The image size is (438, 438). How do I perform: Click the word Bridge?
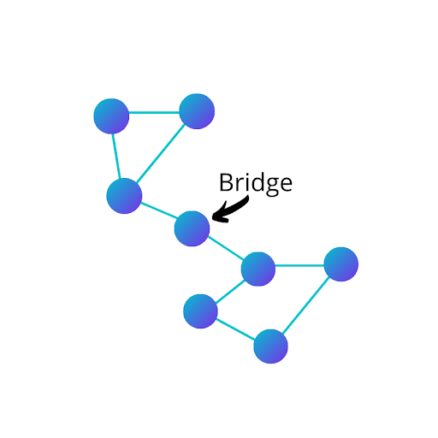click(256, 184)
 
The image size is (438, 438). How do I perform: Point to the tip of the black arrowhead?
click(212, 219)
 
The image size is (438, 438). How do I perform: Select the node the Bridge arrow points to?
click(192, 228)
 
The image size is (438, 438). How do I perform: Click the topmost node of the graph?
click(197, 111)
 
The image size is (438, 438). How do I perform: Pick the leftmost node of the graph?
click(111, 116)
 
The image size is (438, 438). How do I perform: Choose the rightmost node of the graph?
click(341, 264)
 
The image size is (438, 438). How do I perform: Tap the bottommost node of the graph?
click(270, 346)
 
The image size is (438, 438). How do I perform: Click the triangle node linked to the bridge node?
click(124, 196)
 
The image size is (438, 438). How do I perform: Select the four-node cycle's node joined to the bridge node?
click(258, 269)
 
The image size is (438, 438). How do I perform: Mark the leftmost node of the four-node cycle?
click(200, 311)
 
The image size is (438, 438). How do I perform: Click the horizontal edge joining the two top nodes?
click(154, 112)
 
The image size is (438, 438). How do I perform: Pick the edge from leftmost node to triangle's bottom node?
click(116, 157)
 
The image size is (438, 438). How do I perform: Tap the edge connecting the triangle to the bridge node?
click(159, 210)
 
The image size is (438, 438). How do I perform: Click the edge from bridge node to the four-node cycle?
click(226, 248)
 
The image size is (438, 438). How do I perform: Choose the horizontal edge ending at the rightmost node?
click(299, 265)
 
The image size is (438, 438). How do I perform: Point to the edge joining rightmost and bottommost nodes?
click(305, 305)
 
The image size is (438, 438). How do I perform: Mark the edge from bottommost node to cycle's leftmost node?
click(235, 329)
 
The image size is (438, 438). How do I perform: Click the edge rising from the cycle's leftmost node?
click(230, 292)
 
